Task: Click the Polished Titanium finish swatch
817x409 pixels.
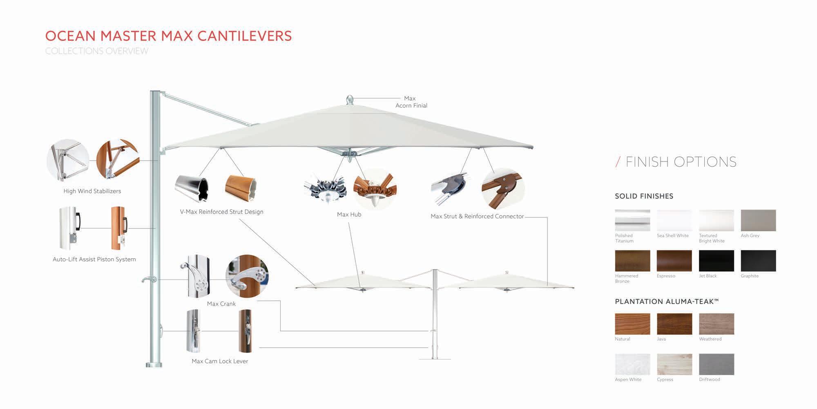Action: click(632, 220)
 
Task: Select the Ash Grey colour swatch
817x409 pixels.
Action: click(758, 220)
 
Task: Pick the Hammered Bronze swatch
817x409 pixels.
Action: click(632, 261)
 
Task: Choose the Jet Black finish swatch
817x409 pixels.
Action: click(716, 261)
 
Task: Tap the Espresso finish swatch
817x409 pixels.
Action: click(674, 261)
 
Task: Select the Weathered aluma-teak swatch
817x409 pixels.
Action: click(716, 324)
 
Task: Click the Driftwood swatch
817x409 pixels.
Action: click(716, 364)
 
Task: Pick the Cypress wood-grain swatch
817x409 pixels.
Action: click(674, 364)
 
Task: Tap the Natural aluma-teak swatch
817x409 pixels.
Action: click(632, 324)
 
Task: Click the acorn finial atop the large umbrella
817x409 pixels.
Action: click(349, 100)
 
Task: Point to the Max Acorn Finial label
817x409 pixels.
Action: click(411, 102)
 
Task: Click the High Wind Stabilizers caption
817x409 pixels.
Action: click(92, 191)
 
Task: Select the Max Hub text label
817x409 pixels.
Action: click(349, 215)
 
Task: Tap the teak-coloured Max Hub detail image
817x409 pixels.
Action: click(375, 189)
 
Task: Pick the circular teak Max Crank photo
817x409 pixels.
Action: click(247, 276)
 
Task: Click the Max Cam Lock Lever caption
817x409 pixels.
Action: click(220, 361)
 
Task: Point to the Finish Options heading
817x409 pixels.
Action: click(681, 162)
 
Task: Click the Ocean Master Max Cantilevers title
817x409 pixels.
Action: click(168, 36)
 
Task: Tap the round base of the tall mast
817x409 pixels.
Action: click(154, 364)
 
